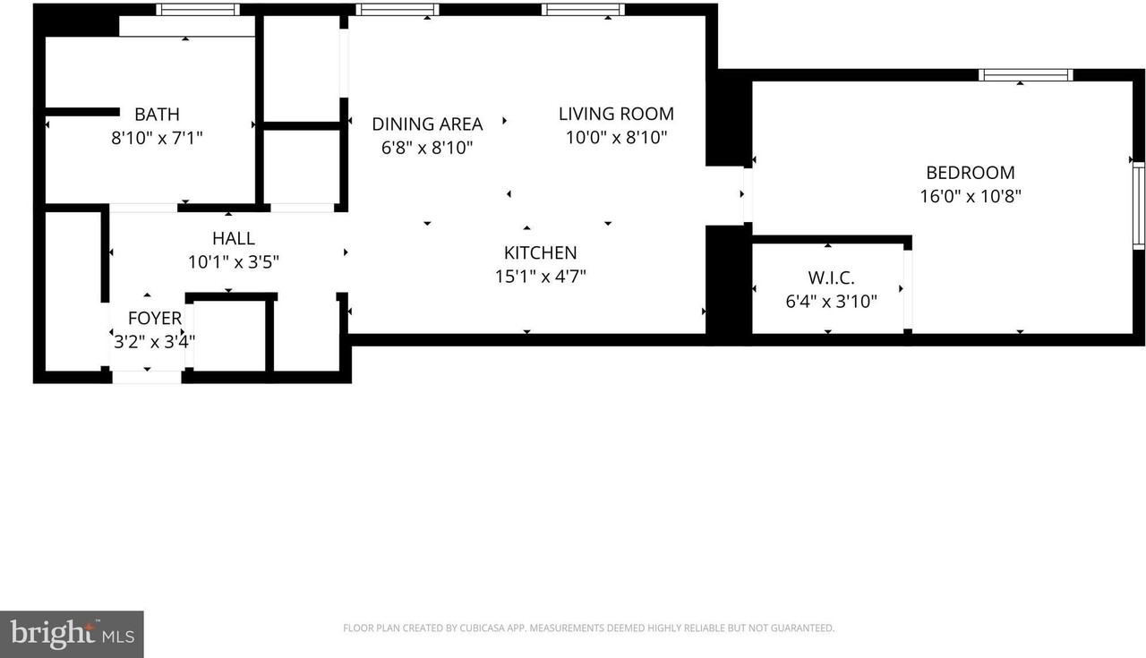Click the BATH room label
click(x=157, y=114)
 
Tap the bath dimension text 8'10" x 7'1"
click(x=157, y=138)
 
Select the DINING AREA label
click(x=427, y=124)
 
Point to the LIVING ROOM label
click(x=616, y=114)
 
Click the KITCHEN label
click(x=540, y=252)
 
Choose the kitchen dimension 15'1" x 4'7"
click(x=540, y=277)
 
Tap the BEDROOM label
click(x=971, y=173)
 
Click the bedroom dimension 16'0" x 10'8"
click(x=971, y=196)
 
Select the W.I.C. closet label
click(x=832, y=278)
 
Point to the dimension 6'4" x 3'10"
click(x=832, y=302)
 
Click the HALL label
click(x=234, y=238)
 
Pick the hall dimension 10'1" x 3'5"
click(x=234, y=262)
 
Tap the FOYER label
click(x=155, y=318)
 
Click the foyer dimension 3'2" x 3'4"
click(x=155, y=341)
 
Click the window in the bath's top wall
click(x=198, y=10)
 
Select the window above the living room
click(x=583, y=10)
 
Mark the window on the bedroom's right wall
click(x=1138, y=205)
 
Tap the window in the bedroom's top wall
click(x=1026, y=75)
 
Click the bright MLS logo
click(x=72, y=635)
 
